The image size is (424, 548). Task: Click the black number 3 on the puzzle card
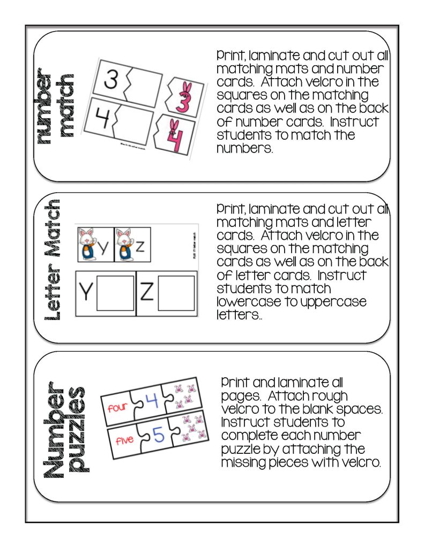tap(110, 80)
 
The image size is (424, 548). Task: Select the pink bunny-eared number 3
tap(182, 96)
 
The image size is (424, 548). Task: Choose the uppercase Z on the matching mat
tap(147, 293)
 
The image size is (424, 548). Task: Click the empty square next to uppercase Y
tap(115, 293)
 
